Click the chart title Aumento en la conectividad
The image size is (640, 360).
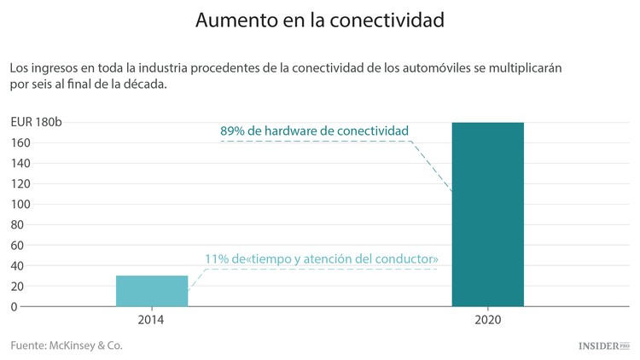319,20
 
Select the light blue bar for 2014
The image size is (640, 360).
152,290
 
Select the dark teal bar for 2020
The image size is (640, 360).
487,213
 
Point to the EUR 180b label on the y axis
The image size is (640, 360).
36,122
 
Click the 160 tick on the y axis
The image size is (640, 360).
20,142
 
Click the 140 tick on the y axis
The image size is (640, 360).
20,163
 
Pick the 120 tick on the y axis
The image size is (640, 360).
20,183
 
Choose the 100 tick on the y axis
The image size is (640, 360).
20,204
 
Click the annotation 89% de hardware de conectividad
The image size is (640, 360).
314,131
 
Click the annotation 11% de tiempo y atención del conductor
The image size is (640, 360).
322,258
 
